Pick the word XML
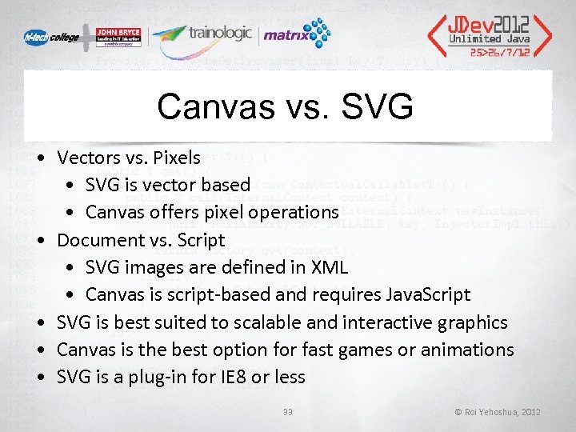coord(327,266)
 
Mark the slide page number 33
coord(288,412)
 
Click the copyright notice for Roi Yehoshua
coord(497,412)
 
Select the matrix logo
coord(296,35)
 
